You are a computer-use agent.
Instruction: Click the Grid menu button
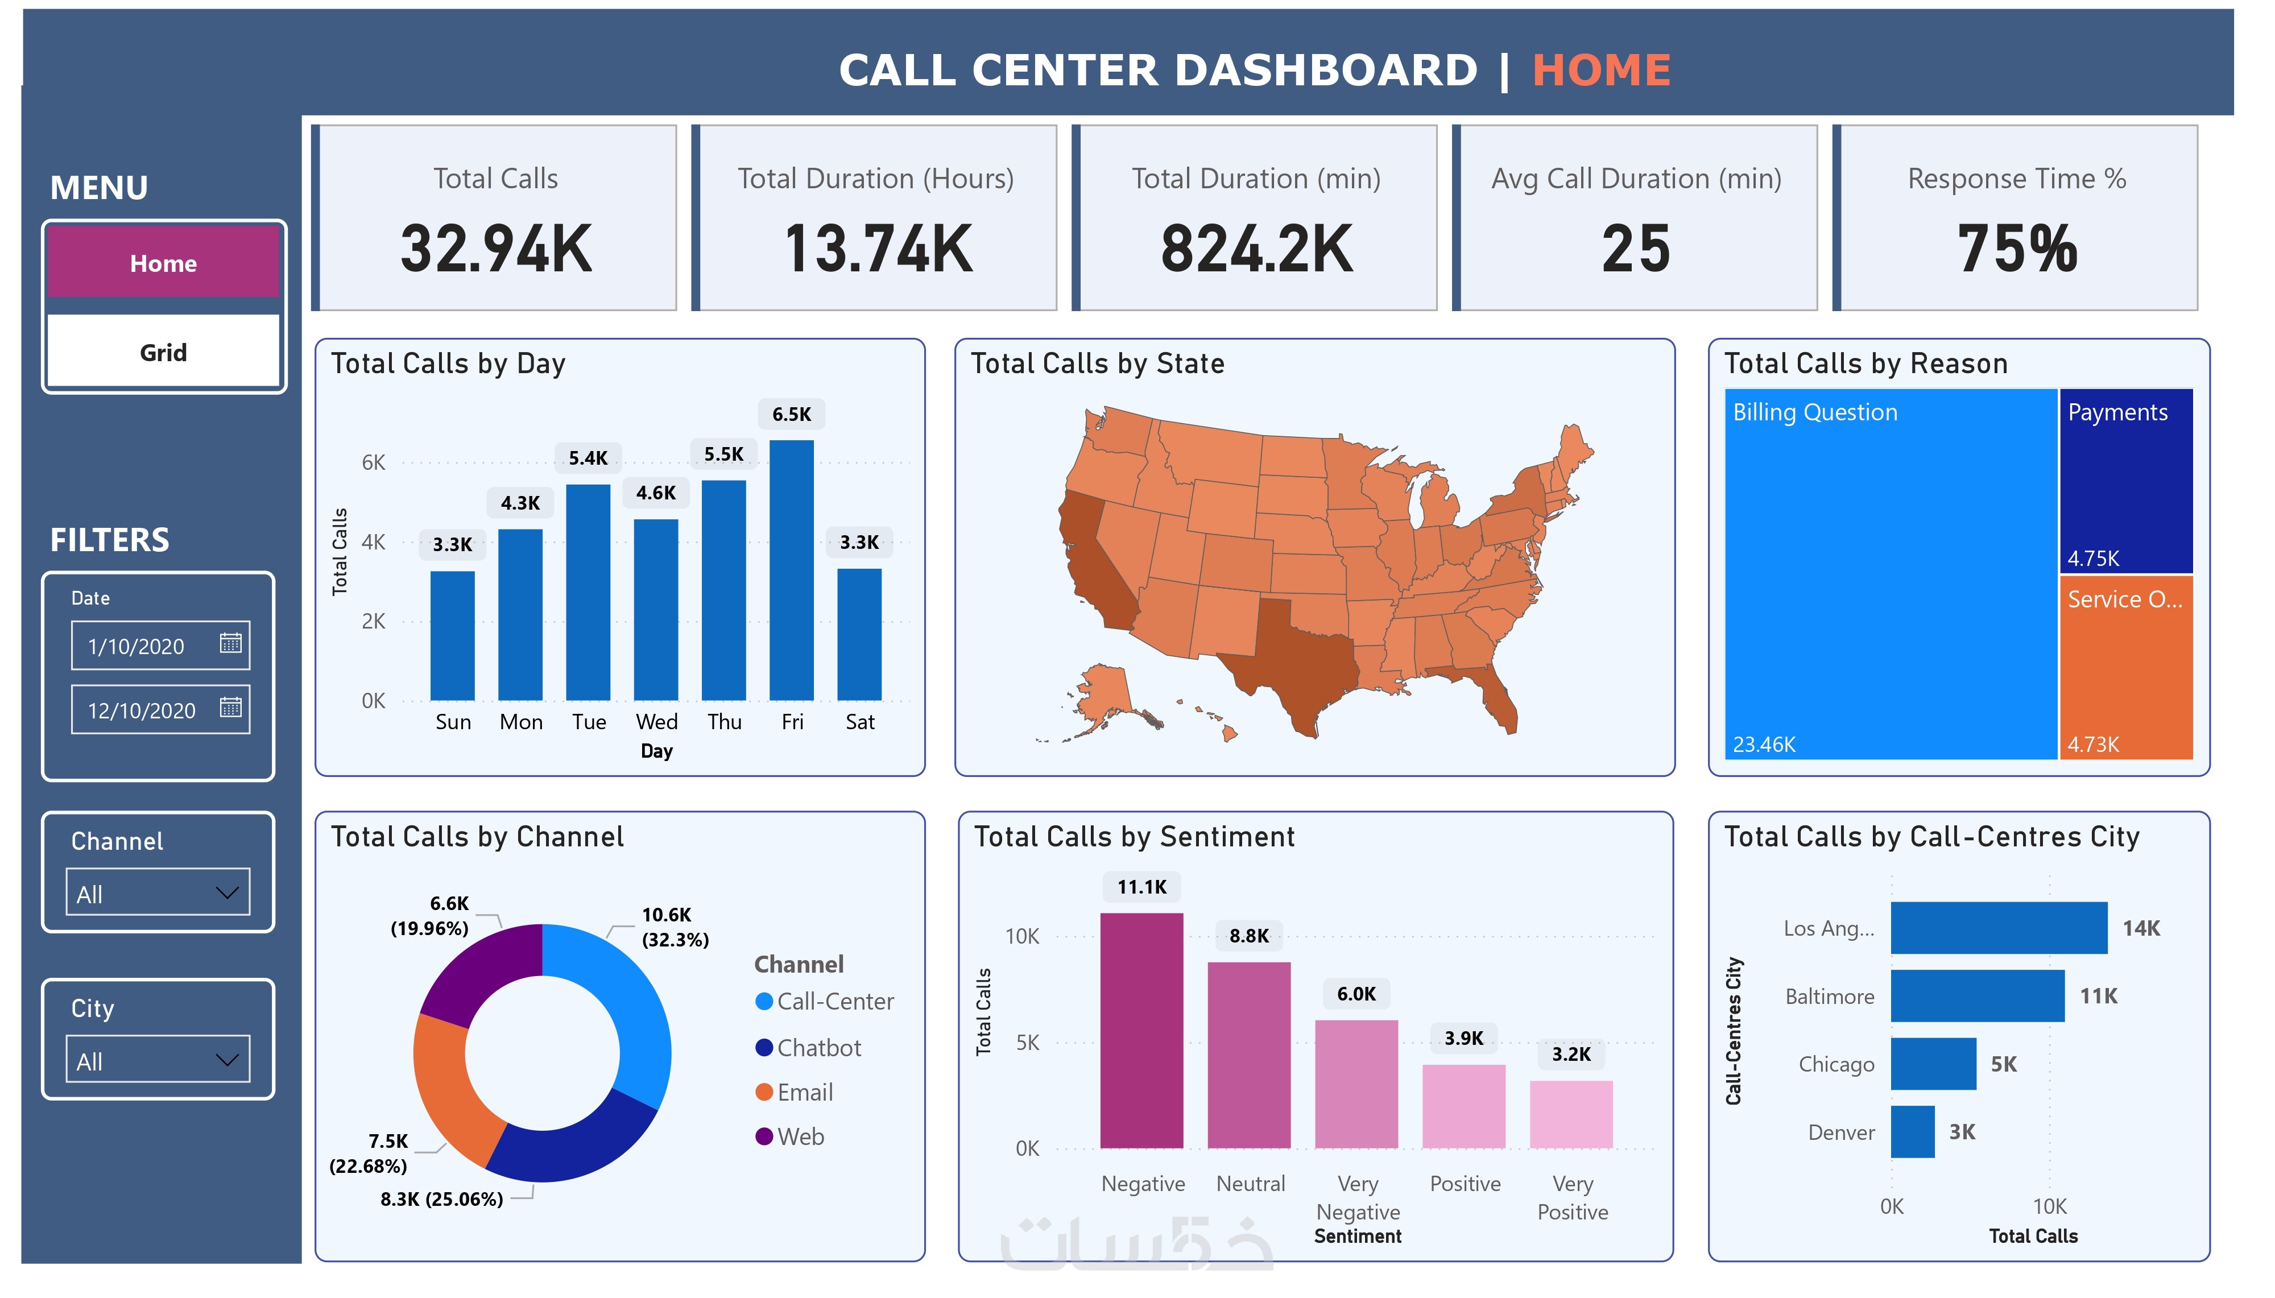point(163,352)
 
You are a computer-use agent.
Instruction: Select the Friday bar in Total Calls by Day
point(791,571)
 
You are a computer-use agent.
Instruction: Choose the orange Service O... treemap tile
point(2125,668)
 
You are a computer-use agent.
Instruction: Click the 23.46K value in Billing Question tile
point(1764,745)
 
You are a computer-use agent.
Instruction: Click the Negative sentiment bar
point(1141,1030)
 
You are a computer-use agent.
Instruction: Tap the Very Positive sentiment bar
point(1571,1114)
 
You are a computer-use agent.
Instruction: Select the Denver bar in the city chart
point(1912,1131)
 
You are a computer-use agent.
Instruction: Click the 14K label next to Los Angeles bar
point(2140,928)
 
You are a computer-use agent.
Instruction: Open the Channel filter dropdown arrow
point(227,892)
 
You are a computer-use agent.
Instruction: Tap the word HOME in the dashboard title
point(1602,71)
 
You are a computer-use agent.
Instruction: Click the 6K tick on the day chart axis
point(373,462)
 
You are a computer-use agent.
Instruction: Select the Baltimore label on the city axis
point(1830,997)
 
